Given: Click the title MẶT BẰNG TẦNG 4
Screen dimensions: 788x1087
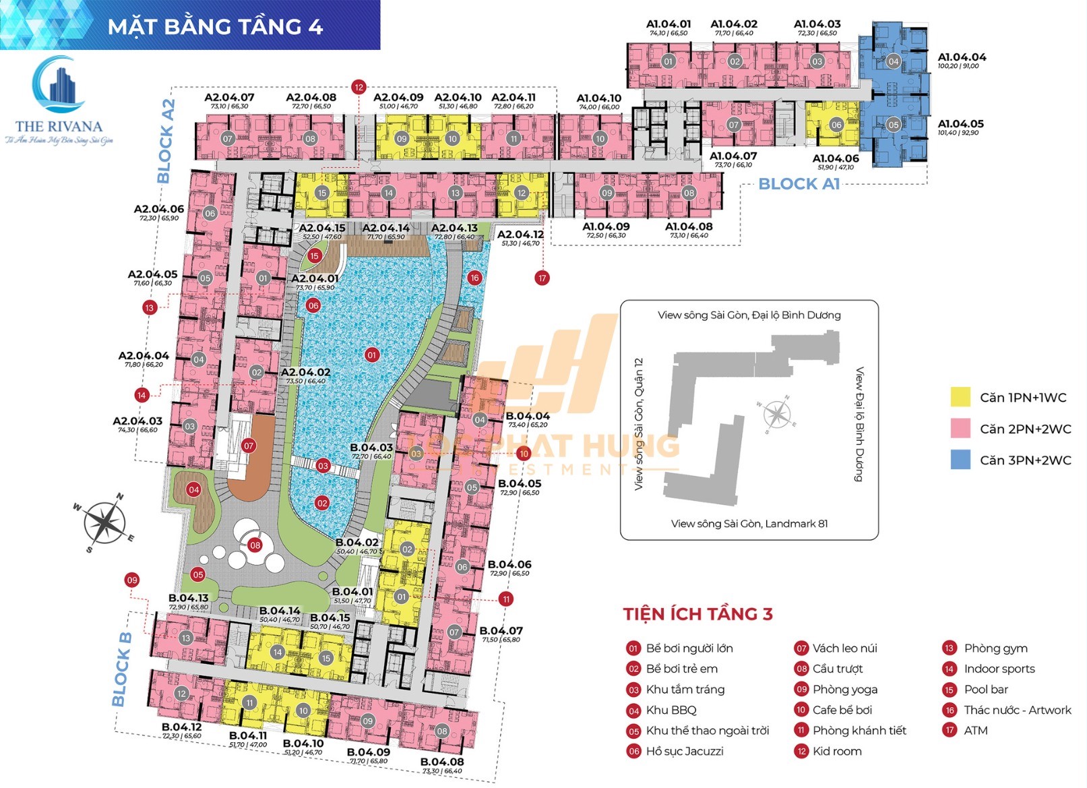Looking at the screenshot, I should pyautogui.click(x=215, y=26).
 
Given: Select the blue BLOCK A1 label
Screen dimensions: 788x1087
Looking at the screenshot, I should pyautogui.click(x=799, y=184).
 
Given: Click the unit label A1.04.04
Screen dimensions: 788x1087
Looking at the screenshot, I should pyautogui.click(x=962, y=57).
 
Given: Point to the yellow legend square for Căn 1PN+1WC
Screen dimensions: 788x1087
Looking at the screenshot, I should pyautogui.click(x=960, y=397).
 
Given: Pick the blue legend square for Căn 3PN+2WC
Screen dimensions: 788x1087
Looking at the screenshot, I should pyautogui.click(x=960, y=460).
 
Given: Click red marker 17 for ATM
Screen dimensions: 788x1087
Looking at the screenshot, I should pyautogui.click(x=542, y=278).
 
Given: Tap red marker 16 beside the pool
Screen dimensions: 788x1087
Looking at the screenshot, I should pyautogui.click(x=474, y=278).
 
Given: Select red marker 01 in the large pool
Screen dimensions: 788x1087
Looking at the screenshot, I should pyautogui.click(x=371, y=355).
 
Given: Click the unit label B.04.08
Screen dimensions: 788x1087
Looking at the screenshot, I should pyautogui.click(x=442, y=762).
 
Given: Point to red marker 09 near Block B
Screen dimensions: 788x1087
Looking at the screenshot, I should pyautogui.click(x=132, y=580).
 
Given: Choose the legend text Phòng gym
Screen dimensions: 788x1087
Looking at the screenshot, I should pyautogui.click(x=995, y=648).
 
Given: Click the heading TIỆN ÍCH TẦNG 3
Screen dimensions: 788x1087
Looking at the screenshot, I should pyautogui.click(x=697, y=614).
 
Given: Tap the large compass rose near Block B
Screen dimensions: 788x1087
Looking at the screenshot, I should pyautogui.click(x=104, y=522).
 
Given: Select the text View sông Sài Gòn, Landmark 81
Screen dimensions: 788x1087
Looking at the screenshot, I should pyautogui.click(x=749, y=524).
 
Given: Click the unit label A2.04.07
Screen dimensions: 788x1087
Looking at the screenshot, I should pyautogui.click(x=229, y=98).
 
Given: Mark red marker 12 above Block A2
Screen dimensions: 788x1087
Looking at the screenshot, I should pyautogui.click(x=359, y=87).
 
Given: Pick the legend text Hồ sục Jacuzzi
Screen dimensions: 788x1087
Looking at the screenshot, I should pyautogui.click(x=684, y=751).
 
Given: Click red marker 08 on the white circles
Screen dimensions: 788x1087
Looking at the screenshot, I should pyautogui.click(x=255, y=545).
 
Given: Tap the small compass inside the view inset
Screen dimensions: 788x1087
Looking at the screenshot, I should pyautogui.click(x=777, y=414).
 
